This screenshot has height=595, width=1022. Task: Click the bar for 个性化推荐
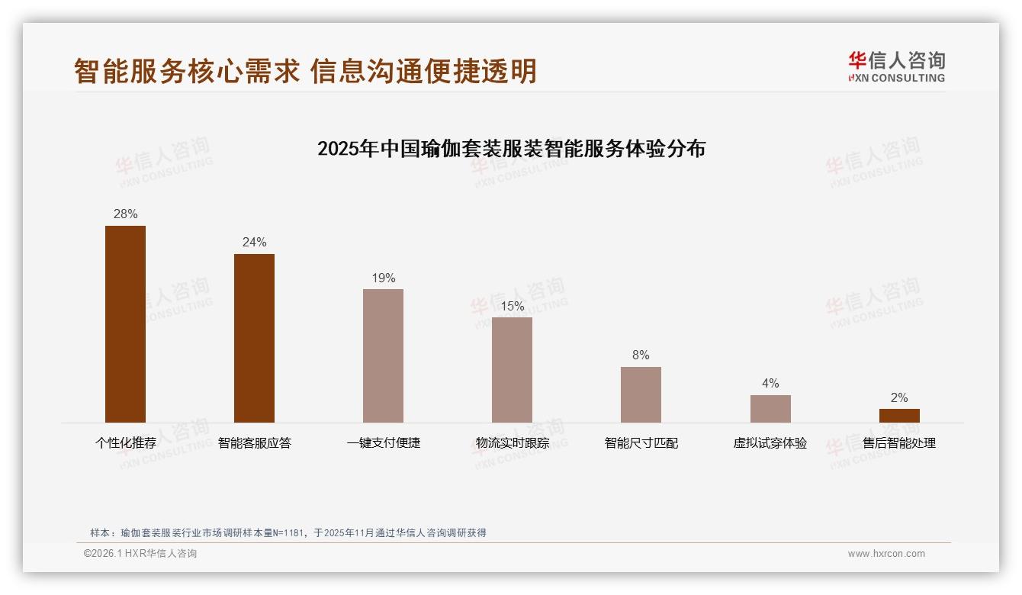pos(125,324)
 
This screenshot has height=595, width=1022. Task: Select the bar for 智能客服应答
pos(254,338)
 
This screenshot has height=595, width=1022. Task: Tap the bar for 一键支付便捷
pos(383,355)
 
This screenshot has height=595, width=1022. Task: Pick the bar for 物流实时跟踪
pos(512,370)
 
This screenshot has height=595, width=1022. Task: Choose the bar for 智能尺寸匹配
pos(641,394)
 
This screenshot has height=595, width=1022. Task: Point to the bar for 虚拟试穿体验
pos(770,409)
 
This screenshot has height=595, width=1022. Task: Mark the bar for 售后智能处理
pos(899,416)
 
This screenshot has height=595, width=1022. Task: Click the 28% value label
pos(125,214)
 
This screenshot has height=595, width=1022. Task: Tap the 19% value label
pos(383,278)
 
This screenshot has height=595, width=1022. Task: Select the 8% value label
pos(641,355)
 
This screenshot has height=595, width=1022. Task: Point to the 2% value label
pos(899,398)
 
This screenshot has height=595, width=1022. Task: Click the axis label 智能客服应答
pos(254,443)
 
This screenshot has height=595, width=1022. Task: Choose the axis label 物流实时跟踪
pos(512,443)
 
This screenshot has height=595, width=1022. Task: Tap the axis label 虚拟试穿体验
pos(770,443)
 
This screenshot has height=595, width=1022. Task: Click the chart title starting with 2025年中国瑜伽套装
pos(511,149)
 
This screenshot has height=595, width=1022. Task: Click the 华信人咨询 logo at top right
pos(896,66)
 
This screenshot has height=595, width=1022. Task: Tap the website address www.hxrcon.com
pos(886,554)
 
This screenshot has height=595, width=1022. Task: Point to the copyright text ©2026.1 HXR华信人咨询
pos(140,554)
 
